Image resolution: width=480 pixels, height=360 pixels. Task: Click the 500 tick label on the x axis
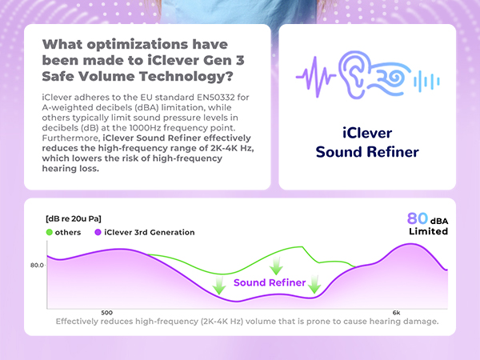coord(106,312)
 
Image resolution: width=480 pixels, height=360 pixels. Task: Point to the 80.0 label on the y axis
coord(38,264)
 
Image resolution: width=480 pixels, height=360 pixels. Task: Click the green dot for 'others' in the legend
coord(50,232)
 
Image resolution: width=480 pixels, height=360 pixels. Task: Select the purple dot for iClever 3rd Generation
coord(98,232)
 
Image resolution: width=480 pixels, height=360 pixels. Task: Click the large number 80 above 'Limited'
coord(418,218)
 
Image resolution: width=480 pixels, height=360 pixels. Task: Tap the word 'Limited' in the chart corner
coord(428,231)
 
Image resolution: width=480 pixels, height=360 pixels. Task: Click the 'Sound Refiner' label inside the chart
coord(269,282)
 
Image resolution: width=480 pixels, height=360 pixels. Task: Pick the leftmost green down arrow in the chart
coord(218,285)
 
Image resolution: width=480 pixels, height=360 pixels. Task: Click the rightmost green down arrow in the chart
coord(315,283)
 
